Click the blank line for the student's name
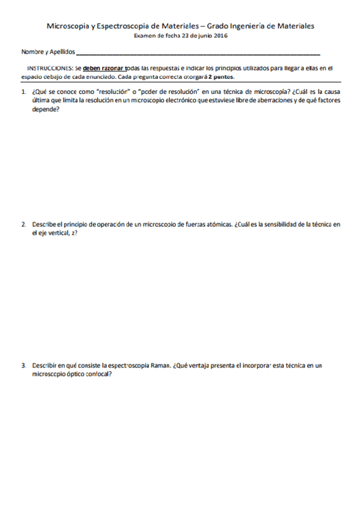coord(198,54)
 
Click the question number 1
coord(23,92)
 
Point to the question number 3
coord(23,365)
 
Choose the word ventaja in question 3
coord(204,365)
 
